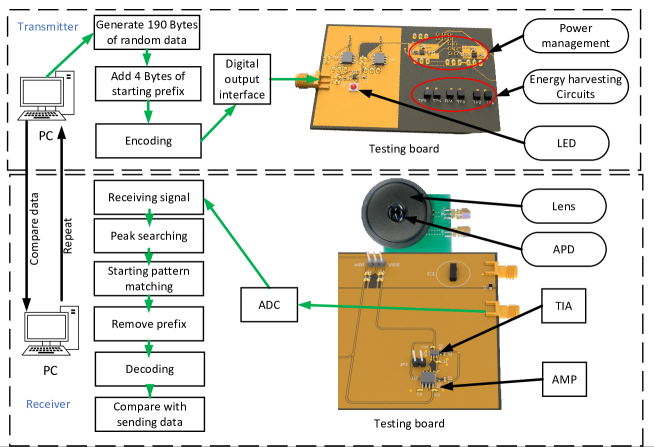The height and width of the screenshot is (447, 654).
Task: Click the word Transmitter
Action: (x=48, y=26)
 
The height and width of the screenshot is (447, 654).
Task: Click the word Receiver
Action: (x=48, y=404)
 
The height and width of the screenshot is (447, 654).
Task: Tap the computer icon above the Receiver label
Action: (x=51, y=330)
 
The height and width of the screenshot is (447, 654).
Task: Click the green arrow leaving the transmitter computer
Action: (x=69, y=55)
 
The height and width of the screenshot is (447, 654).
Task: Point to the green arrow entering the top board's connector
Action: (x=295, y=79)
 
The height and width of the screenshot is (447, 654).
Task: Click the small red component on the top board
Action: (x=354, y=88)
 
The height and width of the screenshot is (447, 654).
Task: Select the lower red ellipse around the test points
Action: (x=455, y=95)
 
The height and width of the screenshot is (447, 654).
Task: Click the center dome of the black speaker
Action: (x=396, y=213)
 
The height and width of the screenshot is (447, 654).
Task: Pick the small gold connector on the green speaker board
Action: (x=461, y=214)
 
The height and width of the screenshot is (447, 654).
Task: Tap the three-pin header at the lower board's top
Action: (x=375, y=261)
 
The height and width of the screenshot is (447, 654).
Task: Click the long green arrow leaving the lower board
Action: (x=400, y=308)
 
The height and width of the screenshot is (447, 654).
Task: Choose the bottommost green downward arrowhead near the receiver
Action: (x=150, y=391)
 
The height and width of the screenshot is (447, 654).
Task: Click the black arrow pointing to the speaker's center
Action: (x=436, y=224)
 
